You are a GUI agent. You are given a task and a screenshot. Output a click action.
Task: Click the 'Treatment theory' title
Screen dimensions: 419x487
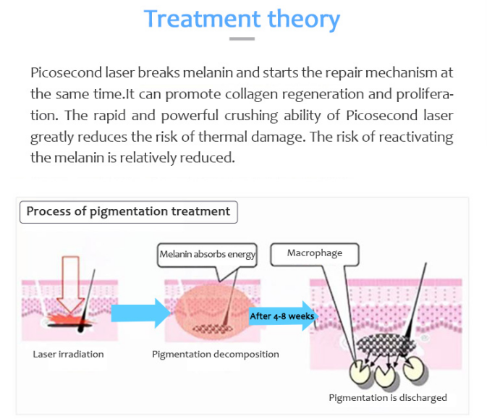click(242, 19)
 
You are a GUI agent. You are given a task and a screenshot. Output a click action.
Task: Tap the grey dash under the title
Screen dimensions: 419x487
click(242, 39)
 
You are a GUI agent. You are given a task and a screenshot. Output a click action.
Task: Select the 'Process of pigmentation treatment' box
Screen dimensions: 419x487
click(128, 212)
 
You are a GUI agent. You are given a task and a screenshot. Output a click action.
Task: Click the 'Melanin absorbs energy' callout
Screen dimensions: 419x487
click(207, 253)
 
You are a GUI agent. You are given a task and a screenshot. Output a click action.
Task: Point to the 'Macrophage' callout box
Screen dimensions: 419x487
click(315, 253)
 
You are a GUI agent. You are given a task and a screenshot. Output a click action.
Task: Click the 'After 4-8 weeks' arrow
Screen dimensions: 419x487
click(281, 316)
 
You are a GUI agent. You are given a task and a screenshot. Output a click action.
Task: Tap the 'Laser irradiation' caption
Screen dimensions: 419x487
click(68, 355)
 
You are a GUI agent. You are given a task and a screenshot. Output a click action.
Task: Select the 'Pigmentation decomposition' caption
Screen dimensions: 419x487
click(216, 355)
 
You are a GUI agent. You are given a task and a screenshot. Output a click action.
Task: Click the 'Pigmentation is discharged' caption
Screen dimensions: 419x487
click(388, 397)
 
